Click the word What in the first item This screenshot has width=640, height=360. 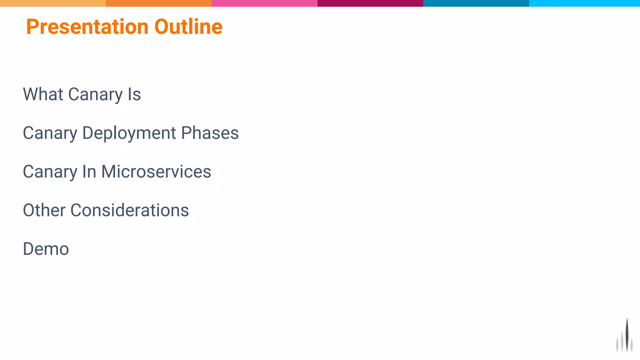click(43, 94)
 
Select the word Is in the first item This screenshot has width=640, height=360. click(134, 94)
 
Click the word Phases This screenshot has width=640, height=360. click(210, 133)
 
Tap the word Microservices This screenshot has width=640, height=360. click(156, 172)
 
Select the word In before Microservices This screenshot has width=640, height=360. click(89, 172)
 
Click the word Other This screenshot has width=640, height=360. click(44, 210)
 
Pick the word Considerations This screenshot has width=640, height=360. click(130, 210)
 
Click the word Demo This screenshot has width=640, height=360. click(46, 249)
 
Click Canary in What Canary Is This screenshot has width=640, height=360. click(96, 94)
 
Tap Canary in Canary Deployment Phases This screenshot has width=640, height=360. click(50, 133)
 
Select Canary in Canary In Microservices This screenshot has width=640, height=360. click(50, 172)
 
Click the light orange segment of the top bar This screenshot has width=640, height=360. click(53, 3)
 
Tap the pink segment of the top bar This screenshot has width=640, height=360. click(264, 3)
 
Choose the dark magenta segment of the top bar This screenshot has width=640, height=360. click(370, 3)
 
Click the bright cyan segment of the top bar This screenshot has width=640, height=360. click(584, 3)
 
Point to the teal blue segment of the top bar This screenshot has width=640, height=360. click(476, 3)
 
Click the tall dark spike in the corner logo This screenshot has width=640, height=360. click(627, 336)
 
